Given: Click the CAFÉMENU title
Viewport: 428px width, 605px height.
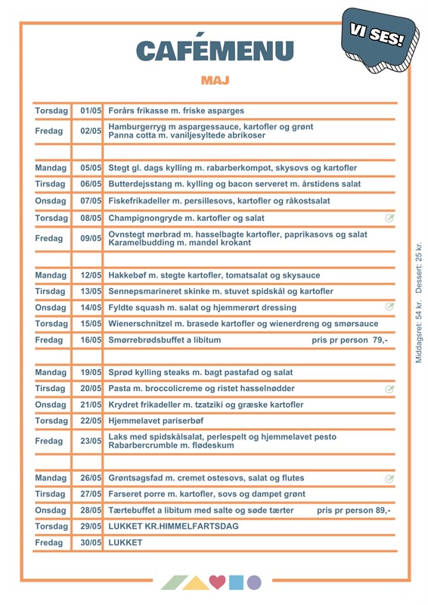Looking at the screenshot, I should tap(215, 50).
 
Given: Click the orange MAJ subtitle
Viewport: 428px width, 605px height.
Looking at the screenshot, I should tap(215, 79).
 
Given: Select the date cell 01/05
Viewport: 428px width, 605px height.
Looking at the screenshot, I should tap(91, 111).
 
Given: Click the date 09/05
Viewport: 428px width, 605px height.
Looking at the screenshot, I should tap(91, 238).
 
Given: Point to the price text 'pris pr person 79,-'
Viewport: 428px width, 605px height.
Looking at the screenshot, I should tap(349, 340).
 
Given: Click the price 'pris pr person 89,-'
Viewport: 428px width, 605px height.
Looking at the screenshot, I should tap(353, 510).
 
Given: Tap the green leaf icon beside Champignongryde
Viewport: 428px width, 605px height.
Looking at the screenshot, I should tap(389, 219).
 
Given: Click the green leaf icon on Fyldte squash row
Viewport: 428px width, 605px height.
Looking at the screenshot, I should tap(389, 307).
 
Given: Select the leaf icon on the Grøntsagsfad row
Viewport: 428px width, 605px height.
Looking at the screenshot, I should tap(389, 479).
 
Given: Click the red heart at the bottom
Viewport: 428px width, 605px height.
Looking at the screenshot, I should tap(218, 582).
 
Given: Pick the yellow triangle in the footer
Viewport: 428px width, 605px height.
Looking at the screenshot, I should tap(197, 582).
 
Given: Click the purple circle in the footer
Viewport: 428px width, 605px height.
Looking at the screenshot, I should tap(254, 582).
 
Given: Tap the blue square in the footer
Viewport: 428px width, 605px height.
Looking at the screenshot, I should tap(237, 582).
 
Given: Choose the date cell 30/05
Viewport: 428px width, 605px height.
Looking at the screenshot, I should tap(91, 542).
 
